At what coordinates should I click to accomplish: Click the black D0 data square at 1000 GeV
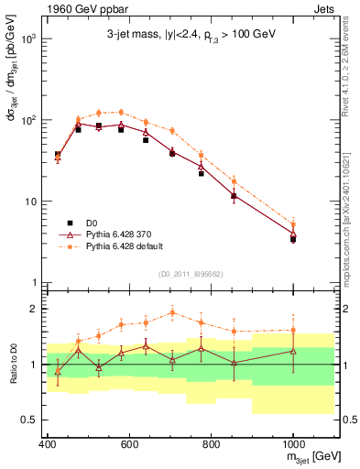293,239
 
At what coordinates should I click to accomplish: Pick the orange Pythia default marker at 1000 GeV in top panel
293,224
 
